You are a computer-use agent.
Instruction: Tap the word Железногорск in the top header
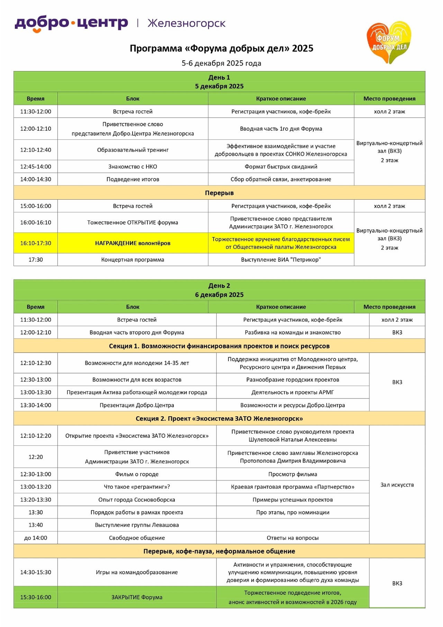point(186,23)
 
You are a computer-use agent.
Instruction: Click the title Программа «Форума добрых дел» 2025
point(221,48)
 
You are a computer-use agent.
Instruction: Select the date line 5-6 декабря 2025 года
point(221,63)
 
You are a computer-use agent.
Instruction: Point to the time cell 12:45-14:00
point(36,167)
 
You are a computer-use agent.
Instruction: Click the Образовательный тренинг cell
point(133,150)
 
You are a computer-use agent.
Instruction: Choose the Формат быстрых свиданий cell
point(281,167)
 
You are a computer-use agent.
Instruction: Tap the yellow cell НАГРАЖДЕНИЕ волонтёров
point(133,243)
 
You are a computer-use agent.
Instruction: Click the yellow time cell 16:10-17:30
point(36,243)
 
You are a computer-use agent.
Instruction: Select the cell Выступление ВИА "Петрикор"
point(281,260)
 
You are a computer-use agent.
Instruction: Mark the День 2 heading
point(219,286)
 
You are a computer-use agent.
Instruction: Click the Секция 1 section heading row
point(219,346)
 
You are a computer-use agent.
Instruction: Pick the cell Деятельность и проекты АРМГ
point(292,392)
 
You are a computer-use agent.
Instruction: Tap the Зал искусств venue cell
point(397,485)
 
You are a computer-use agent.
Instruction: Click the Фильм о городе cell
point(137,474)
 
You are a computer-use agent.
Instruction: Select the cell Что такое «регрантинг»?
point(137,487)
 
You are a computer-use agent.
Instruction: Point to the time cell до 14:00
point(36,538)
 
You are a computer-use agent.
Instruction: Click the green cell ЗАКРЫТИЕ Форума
point(137,597)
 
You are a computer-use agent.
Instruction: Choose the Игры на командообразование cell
point(137,572)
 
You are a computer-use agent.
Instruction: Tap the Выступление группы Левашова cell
point(137,525)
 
